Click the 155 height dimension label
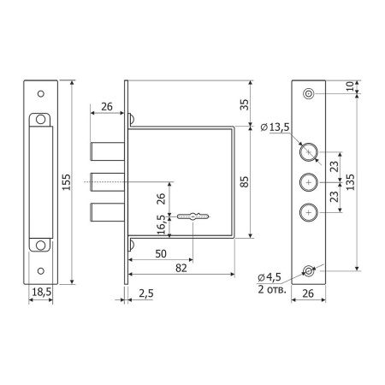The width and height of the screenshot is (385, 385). click(x=66, y=182)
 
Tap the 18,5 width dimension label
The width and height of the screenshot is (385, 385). click(x=41, y=292)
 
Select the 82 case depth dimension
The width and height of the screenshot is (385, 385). click(x=181, y=268)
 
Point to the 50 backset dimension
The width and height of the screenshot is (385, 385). click(x=161, y=253)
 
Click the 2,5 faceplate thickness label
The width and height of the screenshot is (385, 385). click(x=146, y=293)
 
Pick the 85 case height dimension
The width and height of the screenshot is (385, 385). click(x=245, y=182)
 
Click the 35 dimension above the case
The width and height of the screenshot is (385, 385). click(x=245, y=104)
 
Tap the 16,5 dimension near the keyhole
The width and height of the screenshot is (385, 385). click(x=161, y=224)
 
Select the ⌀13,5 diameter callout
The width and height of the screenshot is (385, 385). click(x=275, y=127)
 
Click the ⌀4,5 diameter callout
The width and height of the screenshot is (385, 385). click(x=269, y=277)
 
